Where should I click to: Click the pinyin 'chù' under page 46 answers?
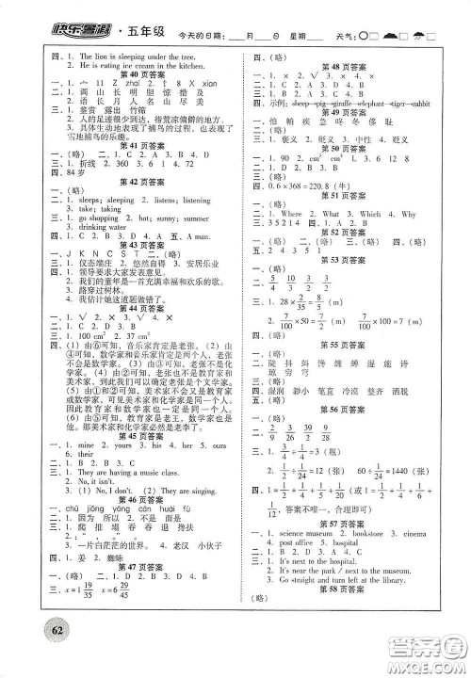(x=43, y=509)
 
